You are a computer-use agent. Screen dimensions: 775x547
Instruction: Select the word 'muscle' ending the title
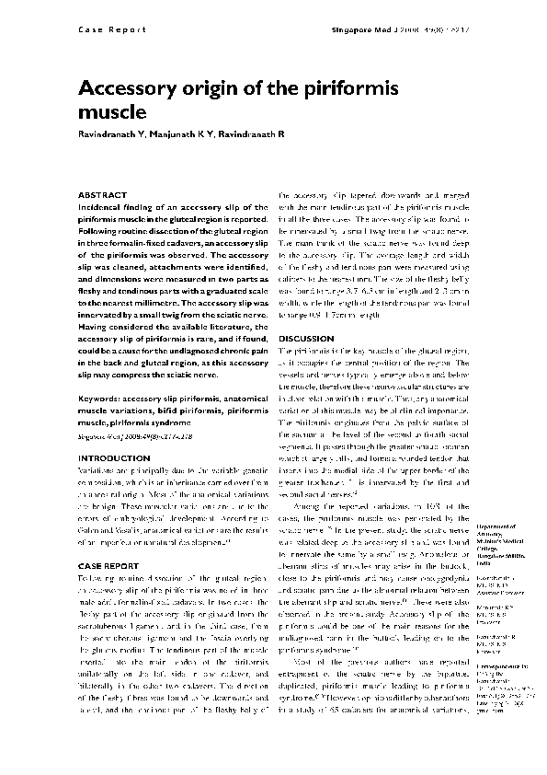pos(112,114)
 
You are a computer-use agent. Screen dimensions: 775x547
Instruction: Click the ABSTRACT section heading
pos(97,196)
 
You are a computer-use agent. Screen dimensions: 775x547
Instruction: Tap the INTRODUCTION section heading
pos(108,457)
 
